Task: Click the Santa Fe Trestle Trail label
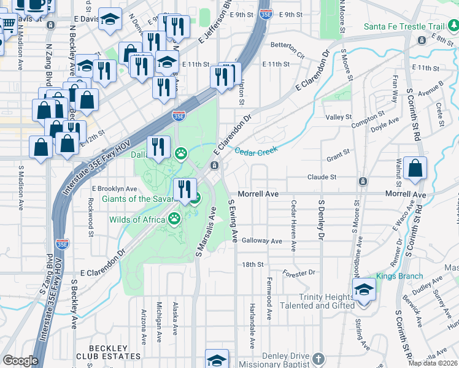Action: tap(403, 26)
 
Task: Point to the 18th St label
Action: tap(252, 264)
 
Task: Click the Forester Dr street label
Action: tap(299, 272)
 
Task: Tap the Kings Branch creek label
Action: tap(400, 276)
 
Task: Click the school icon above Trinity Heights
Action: tap(364, 289)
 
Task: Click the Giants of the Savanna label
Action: tap(139, 199)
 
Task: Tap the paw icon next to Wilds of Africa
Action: tap(175, 217)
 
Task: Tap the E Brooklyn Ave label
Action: tap(115, 188)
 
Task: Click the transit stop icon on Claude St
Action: tap(363, 182)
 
